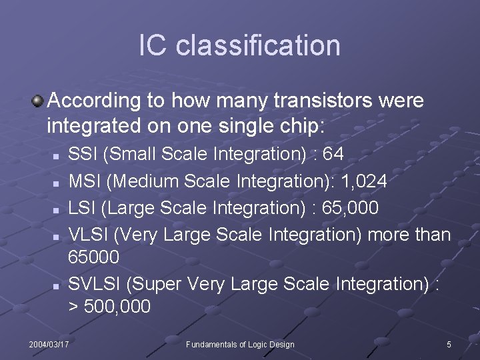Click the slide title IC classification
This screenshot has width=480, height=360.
pyautogui.click(x=239, y=45)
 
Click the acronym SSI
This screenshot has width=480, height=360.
pyautogui.click(x=84, y=155)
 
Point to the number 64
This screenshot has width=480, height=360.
pyautogui.click(x=333, y=155)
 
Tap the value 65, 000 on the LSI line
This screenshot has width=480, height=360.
pyautogui.click(x=350, y=208)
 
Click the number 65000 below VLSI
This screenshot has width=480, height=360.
pyautogui.click(x=94, y=257)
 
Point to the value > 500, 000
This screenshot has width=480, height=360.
pyautogui.click(x=110, y=307)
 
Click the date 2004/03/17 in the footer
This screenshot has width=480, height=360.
pyautogui.click(x=49, y=344)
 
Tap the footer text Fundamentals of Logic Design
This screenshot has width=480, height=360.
pyautogui.click(x=240, y=344)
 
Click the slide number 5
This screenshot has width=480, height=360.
pyautogui.click(x=449, y=344)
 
